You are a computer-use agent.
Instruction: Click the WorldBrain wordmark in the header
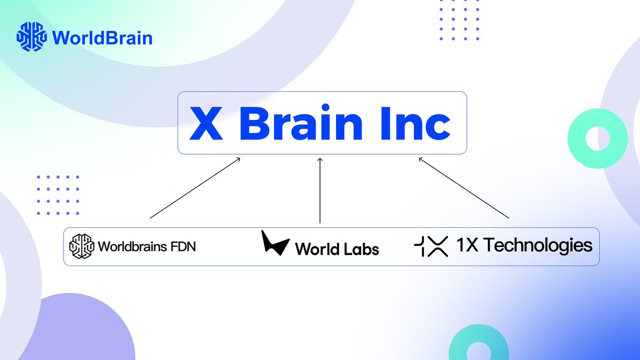click(103, 38)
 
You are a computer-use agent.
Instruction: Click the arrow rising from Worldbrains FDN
click(195, 188)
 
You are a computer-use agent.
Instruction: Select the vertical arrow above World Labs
click(320, 190)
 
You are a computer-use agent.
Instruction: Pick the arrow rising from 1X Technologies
click(464, 188)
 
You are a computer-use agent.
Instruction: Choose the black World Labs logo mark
click(275, 243)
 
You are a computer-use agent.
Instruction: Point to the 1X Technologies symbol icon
click(431, 246)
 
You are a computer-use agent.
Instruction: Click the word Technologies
click(539, 245)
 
